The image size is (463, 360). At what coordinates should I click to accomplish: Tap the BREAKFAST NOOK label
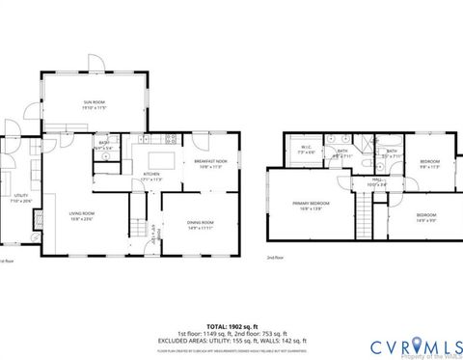[210, 163]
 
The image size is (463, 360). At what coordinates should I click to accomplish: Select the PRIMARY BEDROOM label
[311, 205]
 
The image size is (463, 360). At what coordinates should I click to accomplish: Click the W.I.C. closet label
[305, 150]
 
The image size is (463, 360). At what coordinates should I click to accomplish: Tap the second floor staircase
[364, 206]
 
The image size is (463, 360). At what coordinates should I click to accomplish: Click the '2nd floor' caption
[275, 258]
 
